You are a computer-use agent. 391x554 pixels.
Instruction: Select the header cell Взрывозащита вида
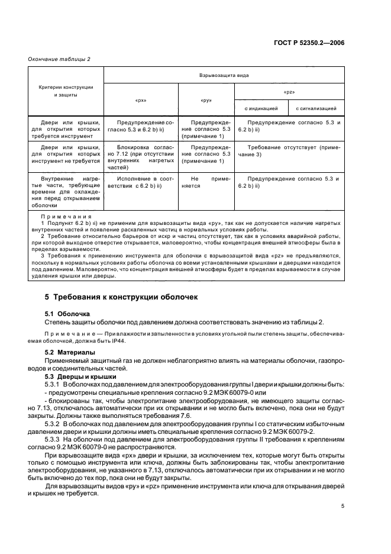[x=224, y=76]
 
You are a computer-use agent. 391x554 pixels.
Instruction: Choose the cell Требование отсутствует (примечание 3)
[x=290, y=149]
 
